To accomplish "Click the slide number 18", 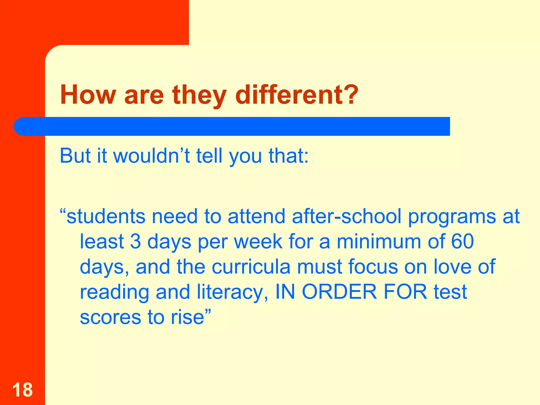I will tap(22, 390).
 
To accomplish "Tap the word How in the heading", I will tap(88, 95).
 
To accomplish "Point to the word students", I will tap(106, 216).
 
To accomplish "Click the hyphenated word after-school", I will tap(346, 216).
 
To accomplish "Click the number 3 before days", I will tap(136, 241).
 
